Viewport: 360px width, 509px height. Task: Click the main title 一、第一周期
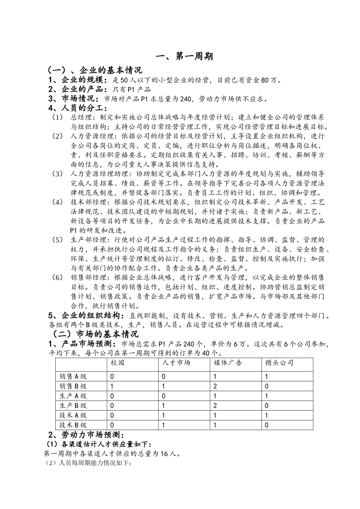[185, 56]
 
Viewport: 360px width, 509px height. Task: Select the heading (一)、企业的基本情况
[94, 70]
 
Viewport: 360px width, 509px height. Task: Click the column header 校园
[117, 363]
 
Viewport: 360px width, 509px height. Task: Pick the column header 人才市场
[176, 363]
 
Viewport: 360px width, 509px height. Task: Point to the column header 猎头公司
[280, 363]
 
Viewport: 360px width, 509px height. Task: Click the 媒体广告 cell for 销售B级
[215, 386]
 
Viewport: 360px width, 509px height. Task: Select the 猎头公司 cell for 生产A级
[267, 396]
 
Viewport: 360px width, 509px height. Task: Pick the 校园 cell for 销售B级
[112, 386]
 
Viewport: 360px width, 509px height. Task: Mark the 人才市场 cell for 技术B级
[163, 425]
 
